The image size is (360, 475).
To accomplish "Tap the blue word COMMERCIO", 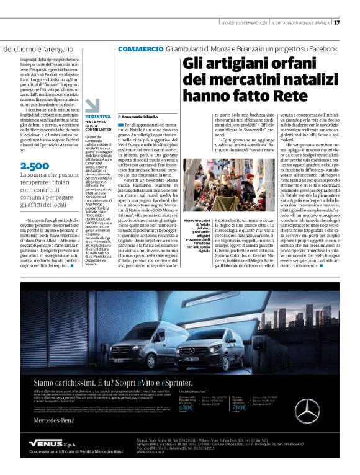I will [x=140, y=48].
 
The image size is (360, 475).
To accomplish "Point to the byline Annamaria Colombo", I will [x=140, y=116].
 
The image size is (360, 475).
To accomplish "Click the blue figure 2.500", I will [x=35, y=166].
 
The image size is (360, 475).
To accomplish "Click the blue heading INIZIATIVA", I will [x=98, y=117].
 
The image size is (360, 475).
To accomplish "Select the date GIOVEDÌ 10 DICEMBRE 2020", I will [x=243, y=23].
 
